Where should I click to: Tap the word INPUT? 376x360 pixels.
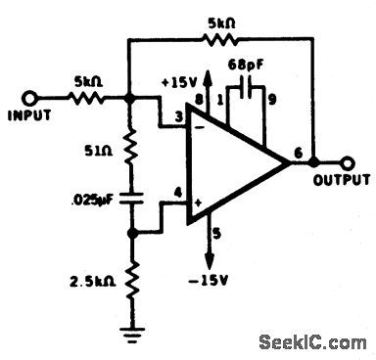point(30,115)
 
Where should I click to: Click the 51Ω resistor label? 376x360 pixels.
point(95,153)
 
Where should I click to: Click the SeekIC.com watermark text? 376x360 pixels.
point(308,342)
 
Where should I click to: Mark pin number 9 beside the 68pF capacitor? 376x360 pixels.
point(271,101)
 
